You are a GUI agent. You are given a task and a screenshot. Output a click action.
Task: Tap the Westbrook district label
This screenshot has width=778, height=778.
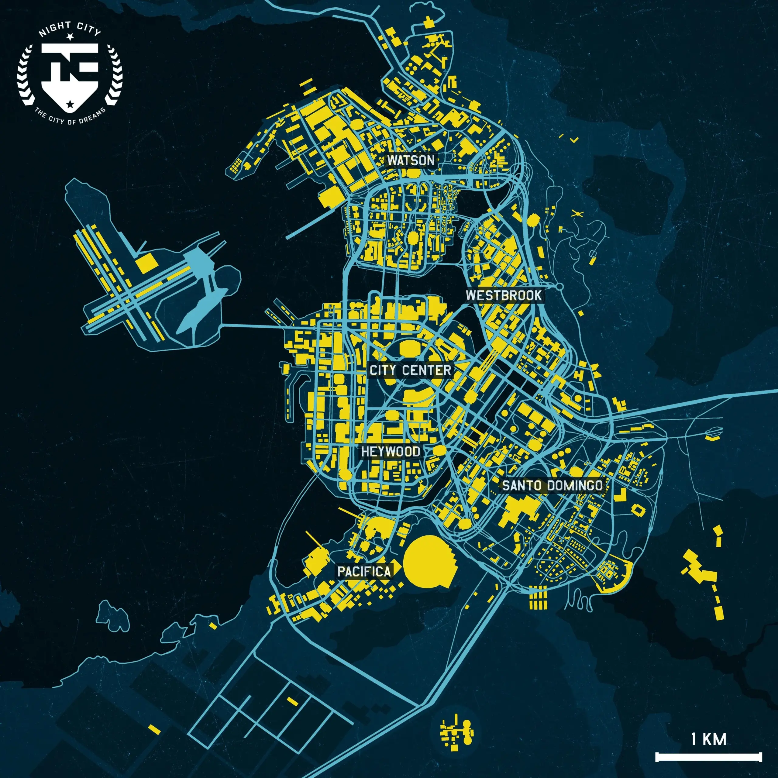tap(503, 295)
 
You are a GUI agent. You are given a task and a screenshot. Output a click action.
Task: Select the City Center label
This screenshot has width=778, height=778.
tap(410, 370)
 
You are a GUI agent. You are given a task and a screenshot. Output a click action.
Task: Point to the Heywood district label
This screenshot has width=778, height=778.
tap(390, 451)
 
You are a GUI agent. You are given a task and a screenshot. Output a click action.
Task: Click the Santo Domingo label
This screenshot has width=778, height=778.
tap(552, 485)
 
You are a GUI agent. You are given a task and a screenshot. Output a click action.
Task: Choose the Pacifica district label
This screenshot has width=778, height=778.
tap(364, 571)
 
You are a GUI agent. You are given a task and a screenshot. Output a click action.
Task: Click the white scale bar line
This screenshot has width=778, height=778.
tap(709, 757)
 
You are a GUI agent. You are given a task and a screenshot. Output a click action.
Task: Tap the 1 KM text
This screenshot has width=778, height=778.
tap(709, 739)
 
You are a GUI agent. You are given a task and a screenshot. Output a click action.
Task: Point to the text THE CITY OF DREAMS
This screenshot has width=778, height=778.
tap(70, 117)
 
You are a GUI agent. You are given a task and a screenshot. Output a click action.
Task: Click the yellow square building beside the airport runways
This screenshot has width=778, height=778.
tap(146, 263)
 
